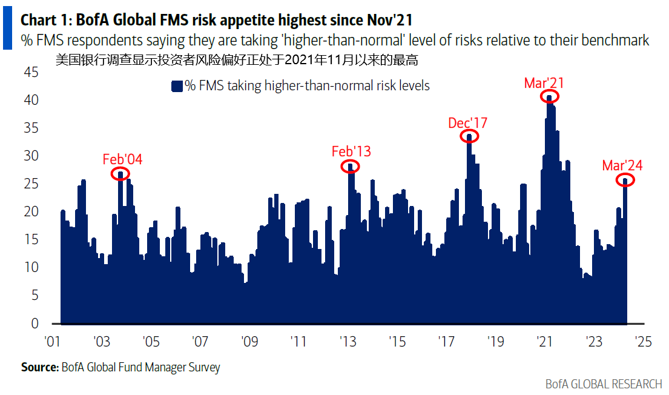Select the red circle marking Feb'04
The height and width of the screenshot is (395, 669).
pyautogui.click(x=120, y=174)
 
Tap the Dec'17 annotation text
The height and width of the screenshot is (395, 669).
pyautogui.click(x=467, y=123)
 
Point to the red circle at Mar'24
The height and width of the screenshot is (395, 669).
pyautogui.click(x=625, y=179)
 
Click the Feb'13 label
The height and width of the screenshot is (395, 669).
pyautogui.click(x=351, y=151)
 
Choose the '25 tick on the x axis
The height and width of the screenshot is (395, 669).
pyautogui.click(x=644, y=342)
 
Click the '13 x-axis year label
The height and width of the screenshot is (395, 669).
pyautogui.click(x=348, y=342)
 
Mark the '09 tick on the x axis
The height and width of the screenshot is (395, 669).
pyautogui.click(x=249, y=342)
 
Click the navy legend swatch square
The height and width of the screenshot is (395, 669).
pyautogui.click(x=177, y=86)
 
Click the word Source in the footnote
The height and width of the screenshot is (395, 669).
pyautogui.click(x=39, y=367)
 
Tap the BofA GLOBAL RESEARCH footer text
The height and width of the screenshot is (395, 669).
pyautogui.click(x=604, y=384)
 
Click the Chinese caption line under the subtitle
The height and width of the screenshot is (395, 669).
pyautogui.click(x=236, y=59)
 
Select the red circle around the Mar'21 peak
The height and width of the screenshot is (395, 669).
pyautogui.click(x=549, y=96)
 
